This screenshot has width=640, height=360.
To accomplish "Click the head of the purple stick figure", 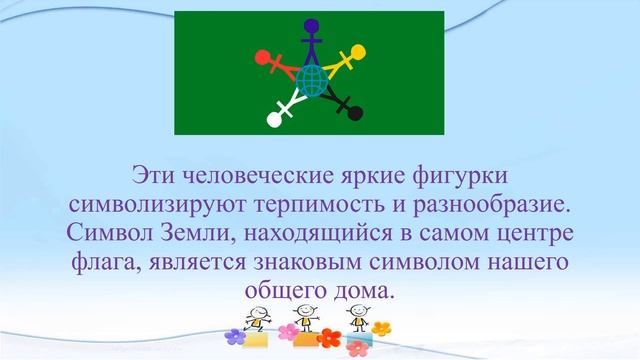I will pyautogui.click(x=311, y=26).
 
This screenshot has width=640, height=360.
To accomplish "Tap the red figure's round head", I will pyautogui.click(x=262, y=57).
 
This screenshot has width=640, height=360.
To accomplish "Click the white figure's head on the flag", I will pyautogui.click(x=274, y=121).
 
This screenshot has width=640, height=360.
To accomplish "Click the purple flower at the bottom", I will pyautogui.click(x=233, y=337).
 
